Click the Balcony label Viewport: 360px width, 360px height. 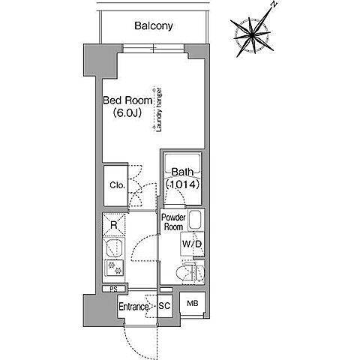pos(154,25)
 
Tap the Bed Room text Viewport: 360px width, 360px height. pos(127,100)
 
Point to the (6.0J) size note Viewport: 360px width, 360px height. pos(127,113)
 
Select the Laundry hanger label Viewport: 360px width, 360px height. pos(159,109)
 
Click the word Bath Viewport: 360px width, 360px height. pos(183,172)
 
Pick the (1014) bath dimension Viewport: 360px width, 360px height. pos(183,184)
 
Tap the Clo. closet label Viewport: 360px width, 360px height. pos(117,185)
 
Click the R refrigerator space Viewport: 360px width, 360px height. pos(114,225)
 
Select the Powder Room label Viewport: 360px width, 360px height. pos(173,222)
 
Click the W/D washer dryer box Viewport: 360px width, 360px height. pos(192,244)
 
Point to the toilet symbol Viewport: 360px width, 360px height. pos(190,273)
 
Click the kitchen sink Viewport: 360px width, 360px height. pos(114,248)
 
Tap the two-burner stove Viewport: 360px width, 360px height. pos(115,268)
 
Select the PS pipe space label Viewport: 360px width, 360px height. pos(114,289)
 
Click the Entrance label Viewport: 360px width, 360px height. pos(133,307)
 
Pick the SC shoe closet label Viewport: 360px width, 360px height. pos(164,306)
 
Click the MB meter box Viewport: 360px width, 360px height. pos(193,304)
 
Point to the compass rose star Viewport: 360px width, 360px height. pos(253,36)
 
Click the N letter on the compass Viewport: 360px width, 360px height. pos(274,4)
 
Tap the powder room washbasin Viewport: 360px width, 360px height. pos(196,220)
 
